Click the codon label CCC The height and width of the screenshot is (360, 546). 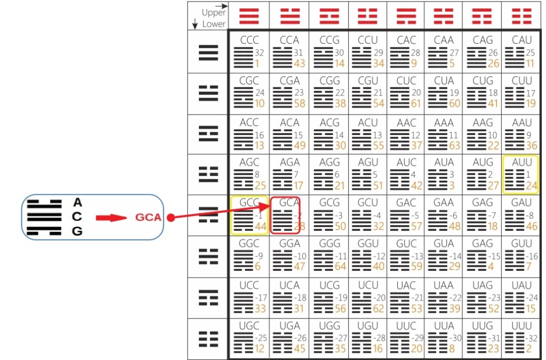pos(248,41)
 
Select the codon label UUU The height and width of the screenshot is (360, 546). pos(521,325)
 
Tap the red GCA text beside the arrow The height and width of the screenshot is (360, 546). pos(148,218)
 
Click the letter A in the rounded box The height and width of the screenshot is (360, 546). pos(78,203)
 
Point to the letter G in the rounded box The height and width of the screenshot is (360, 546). pos(78,231)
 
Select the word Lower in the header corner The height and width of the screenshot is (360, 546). pos(214,24)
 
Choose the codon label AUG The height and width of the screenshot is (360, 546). pos(483,162)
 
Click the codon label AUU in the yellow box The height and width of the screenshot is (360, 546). pos(521,162)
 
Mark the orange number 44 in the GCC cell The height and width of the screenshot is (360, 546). pos(260,226)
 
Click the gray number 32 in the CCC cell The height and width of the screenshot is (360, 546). pos(260,53)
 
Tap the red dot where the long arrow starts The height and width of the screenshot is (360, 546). pos(171,218)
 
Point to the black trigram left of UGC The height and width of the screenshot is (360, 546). pos(208,339)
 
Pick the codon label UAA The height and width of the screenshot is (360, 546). pos(444,285)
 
